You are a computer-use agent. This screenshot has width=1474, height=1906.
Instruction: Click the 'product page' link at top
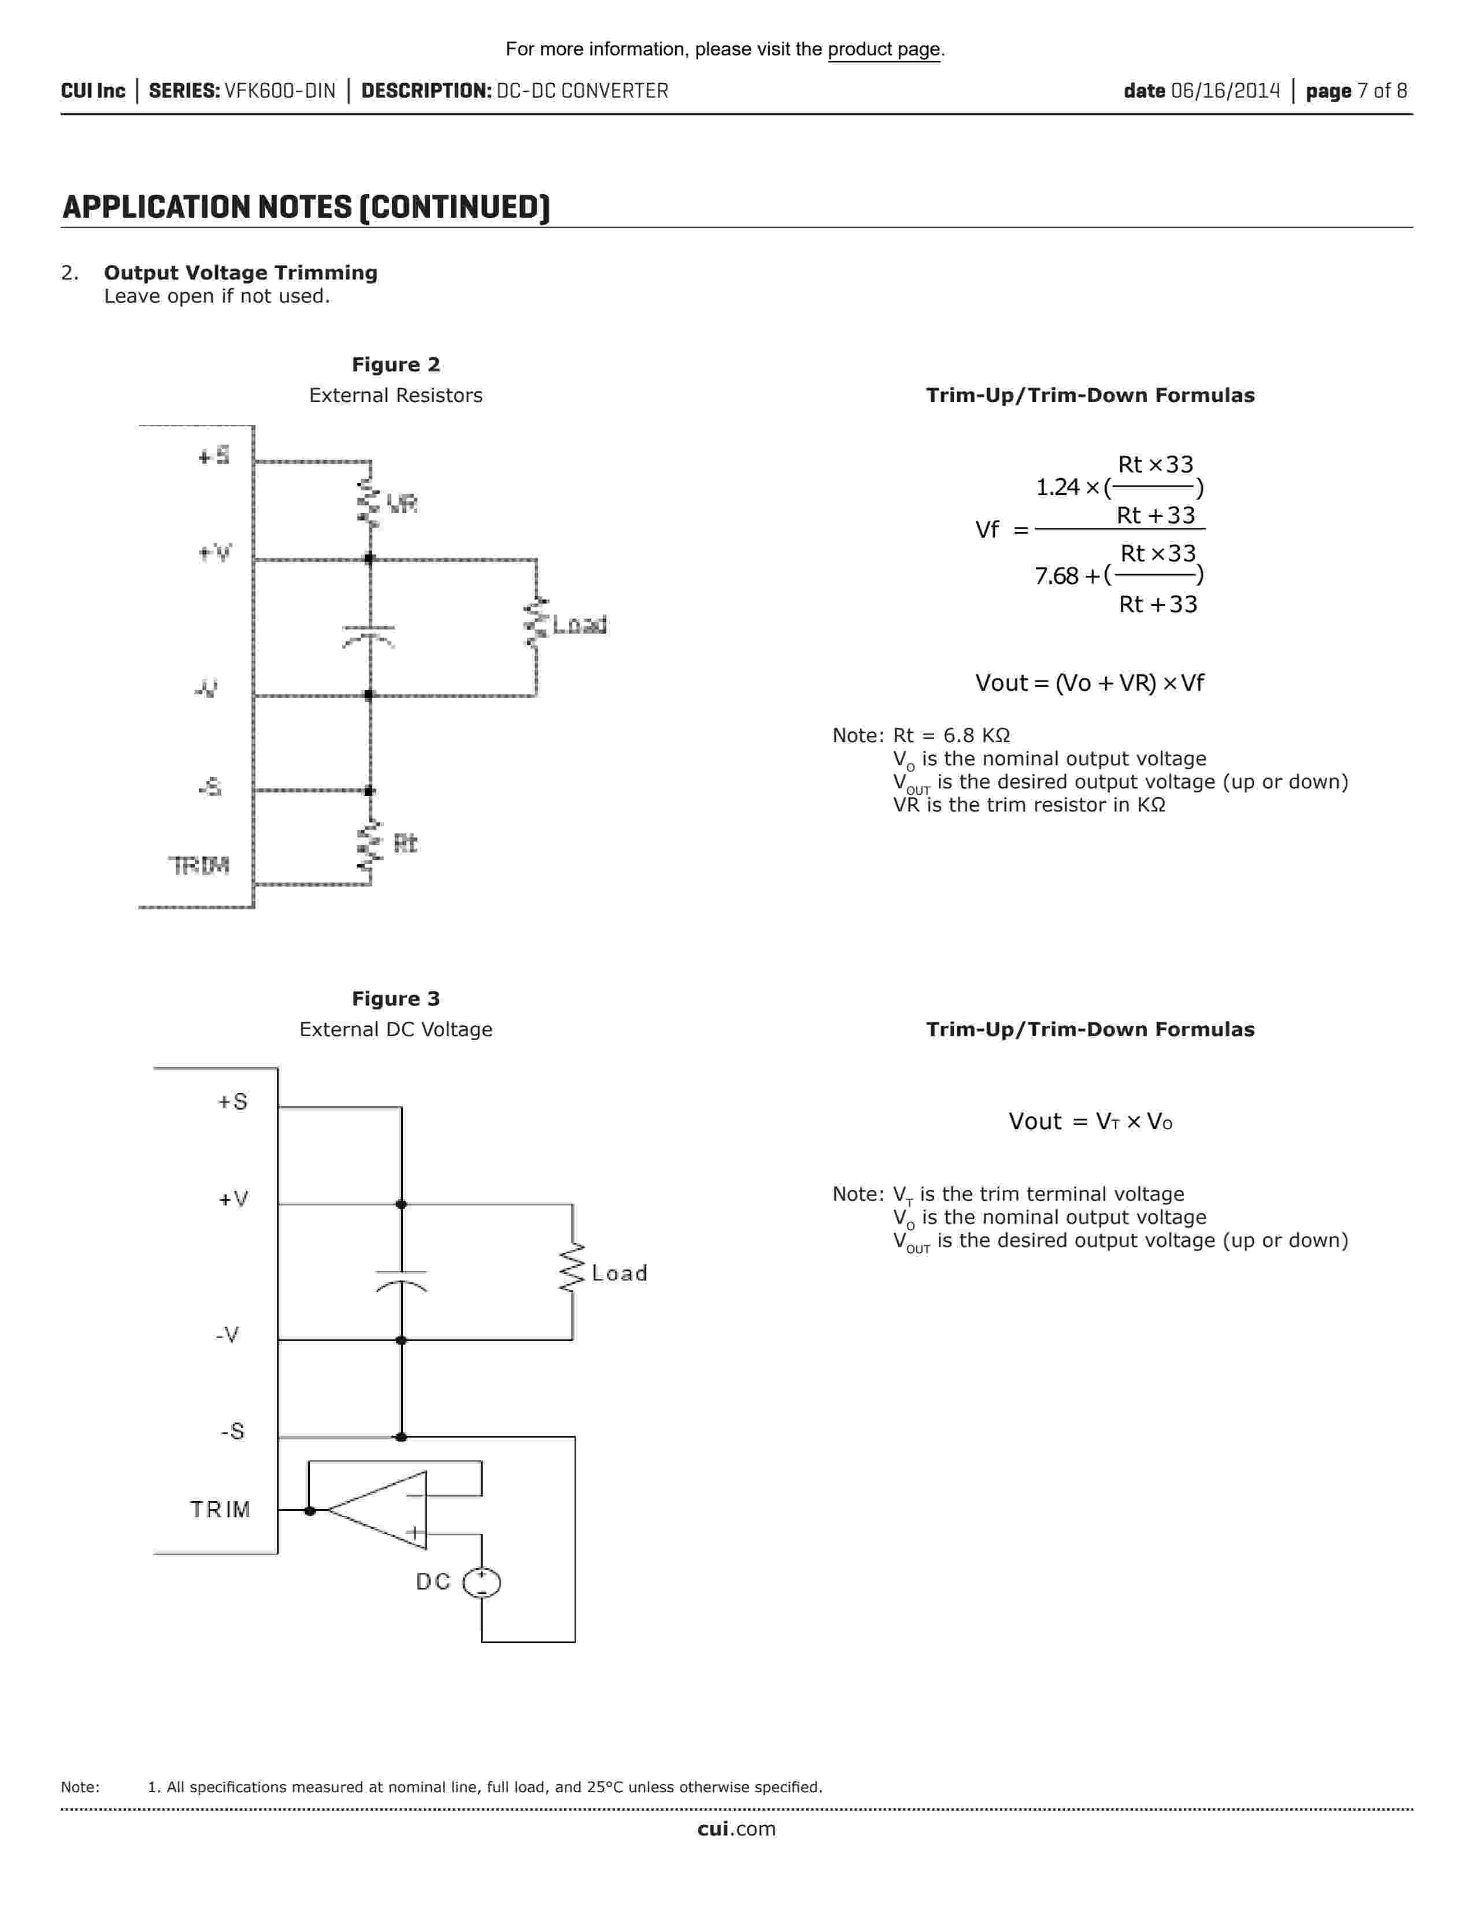pyautogui.click(x=884, y=50)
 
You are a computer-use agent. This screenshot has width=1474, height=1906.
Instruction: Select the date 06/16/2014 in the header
pyautogui.click(x=1225, y=91)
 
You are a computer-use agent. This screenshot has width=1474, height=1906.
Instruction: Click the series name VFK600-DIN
pyautogui.click(x=279, y=91)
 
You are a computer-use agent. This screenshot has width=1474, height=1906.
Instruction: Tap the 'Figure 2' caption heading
pyautogui.click(x=395, y=365)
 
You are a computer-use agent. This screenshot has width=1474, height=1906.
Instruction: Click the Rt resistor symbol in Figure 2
pyautogui.click(x=371, y=844)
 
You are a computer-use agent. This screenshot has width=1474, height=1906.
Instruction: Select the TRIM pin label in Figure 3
pyautogui.click(x=220, y=1510)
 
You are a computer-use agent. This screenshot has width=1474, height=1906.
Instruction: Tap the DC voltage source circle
pyautogui.click(x=481, y=1582)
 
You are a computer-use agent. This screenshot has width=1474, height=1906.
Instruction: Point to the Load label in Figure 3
pyautogui.click(x=619, y=1274)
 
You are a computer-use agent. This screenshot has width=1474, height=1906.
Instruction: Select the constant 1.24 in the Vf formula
pyautogui.click(x=1057, y=487)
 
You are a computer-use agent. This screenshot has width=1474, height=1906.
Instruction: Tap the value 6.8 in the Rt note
pyautogui.click(x=958, y=736)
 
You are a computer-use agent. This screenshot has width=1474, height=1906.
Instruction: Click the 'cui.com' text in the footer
pyautogui.click(x=736, y=1829)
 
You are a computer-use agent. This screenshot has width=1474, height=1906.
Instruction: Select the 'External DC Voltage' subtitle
pyautogui.click(x=395, y=1030)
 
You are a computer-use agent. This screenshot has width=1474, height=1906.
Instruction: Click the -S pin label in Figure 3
pyautogui.click(x=232, y=1431)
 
